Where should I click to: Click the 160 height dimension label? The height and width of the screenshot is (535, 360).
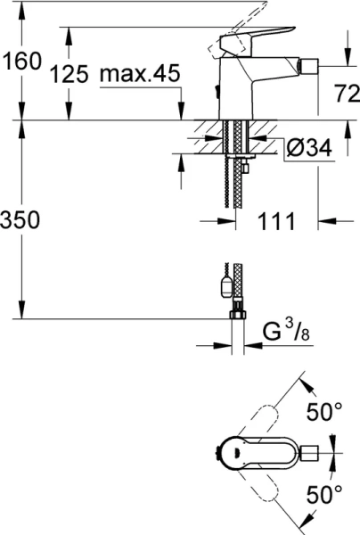pyautogui.click(x=21, y=62)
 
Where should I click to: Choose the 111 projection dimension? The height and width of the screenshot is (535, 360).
pyautogui.click(x=275, y=220)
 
